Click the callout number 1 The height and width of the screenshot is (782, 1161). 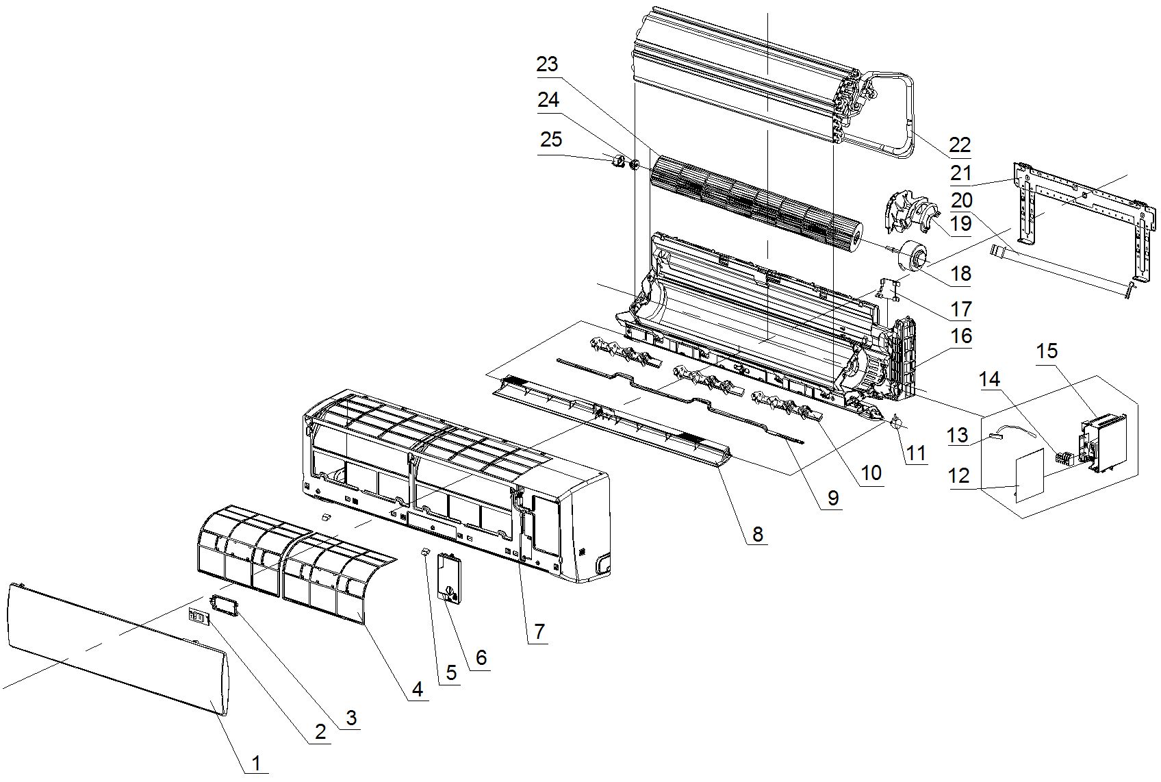click(x=255, y=762)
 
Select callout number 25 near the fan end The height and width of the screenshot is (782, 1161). click(x=550, y=140)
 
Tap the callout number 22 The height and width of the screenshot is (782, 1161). click(x=960, y=145)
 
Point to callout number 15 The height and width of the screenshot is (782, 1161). click(x=1047, y=351)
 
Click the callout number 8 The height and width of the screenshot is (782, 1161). click(x=757, y=533)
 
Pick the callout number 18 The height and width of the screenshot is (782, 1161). click(x=961, y=273)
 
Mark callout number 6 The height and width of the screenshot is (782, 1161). click(x=481, y=657)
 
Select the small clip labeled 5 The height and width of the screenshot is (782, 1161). click(x=424, y=550)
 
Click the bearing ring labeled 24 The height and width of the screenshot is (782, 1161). click(x=634, y=165)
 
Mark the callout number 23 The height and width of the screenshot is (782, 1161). click(x=547, y=64)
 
